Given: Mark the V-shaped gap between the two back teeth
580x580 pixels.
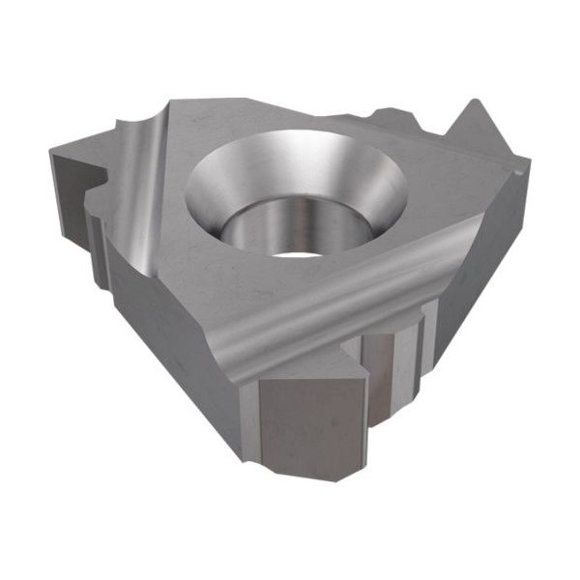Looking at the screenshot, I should point(440,131).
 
